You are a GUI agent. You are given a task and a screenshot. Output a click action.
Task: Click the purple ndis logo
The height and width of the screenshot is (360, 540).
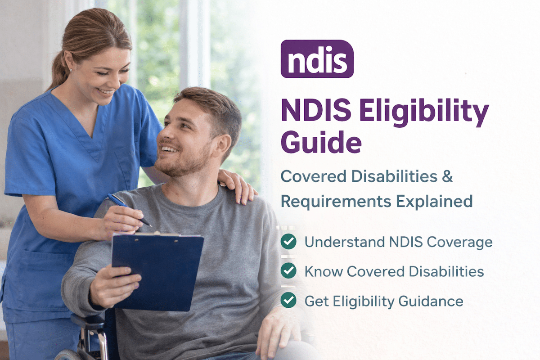(x=317, y=59)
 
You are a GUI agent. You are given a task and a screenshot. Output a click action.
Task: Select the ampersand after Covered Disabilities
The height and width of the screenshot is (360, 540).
(x=447, y=176)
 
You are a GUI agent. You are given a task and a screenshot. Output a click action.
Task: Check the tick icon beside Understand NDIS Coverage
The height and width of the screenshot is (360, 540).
(x=288, y=242)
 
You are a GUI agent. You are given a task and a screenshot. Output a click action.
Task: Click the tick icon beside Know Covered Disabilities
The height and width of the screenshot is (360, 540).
(x=288, y=271)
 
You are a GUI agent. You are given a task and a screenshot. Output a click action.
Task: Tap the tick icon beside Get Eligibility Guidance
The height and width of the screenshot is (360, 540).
(x=288, y=300)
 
